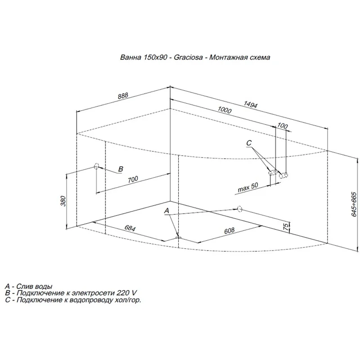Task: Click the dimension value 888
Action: pyautogui.click(x=123, y=95)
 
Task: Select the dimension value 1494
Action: pyautogui.click(x=250, y=105)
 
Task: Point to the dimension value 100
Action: pyautogui.click(x=282, y=126)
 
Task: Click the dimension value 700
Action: pyautogui.click(x=132, y=179)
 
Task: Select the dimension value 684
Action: pyautogui.click(x=129, y=229)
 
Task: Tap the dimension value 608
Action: pyautogui.click(x=229, y=231)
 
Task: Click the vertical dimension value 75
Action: pyautogui.click(x=286, y=227)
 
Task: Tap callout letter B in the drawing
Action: pyautogui.click(x=120, y=169)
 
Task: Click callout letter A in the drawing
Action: pyautogui.click(x=166, y=211)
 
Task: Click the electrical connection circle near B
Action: pyautogui.click(x=96, y=166)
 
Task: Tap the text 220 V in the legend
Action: pyautogui.click(x=125, y=292)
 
